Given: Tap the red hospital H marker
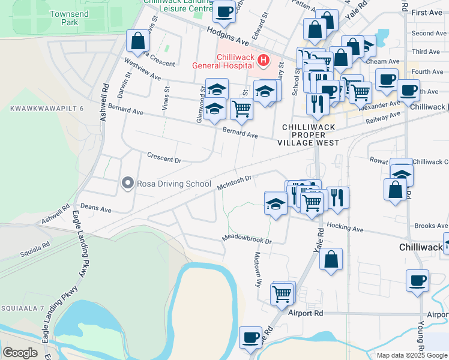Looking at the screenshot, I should click(x=262, y=60).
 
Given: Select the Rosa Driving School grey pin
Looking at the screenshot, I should click(x=127, y=183).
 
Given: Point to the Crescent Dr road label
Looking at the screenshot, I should click(x=164, y=157).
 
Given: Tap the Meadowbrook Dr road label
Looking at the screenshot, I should click(x=247, y=239).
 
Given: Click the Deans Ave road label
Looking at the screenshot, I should click(x=96, y=208).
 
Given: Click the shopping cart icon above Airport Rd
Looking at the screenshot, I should click(x=282, y=294).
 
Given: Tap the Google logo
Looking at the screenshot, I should click(x=20, y=353).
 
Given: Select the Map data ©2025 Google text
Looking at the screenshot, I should click(x=411, y=355).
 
